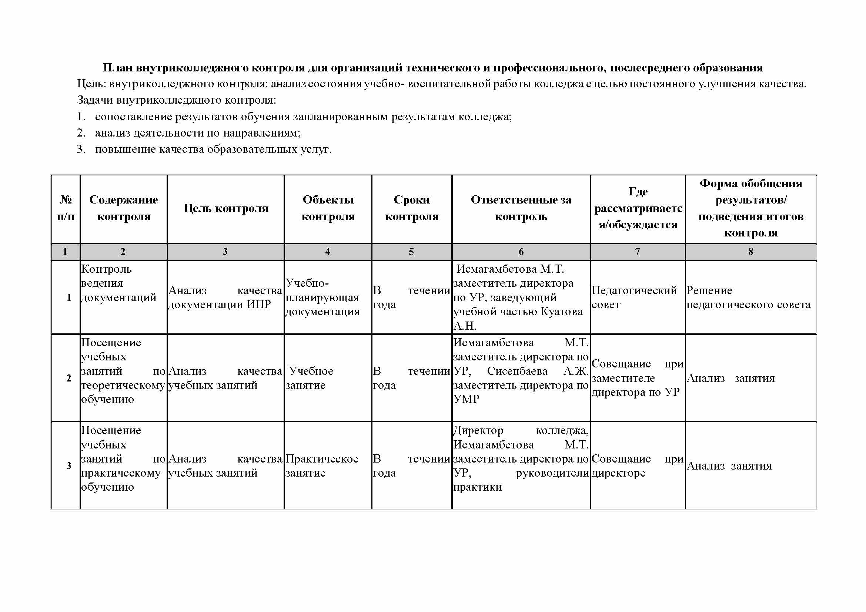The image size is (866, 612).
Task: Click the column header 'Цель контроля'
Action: pos(225,208)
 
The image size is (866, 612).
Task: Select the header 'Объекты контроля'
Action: pos(328,208)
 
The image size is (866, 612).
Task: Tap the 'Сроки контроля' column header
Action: pos(411,208)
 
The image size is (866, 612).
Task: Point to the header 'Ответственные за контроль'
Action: pos(521,208)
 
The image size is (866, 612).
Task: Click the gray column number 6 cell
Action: pos(521,252)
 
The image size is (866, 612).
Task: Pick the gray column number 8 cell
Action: pos(750,252)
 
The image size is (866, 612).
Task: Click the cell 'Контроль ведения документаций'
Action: pos(118,283)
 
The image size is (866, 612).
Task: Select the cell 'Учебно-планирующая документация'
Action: pos(322,297)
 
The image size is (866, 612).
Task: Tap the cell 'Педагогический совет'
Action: pos(634,297)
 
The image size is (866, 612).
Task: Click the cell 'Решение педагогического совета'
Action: pos(748,297)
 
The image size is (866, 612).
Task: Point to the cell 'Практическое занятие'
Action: pos(322,466)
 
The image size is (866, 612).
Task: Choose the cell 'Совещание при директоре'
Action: pos(637,466)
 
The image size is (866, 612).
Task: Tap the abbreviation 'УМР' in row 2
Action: pos(466,399)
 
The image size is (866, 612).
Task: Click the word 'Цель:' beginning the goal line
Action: pos(92,84)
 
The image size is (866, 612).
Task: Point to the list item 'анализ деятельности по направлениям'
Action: pos(198,133)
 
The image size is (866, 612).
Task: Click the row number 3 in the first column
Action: pos(68,466)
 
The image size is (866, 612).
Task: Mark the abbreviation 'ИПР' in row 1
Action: pos(259,305)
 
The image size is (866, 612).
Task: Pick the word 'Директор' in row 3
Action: pos(478,430)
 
